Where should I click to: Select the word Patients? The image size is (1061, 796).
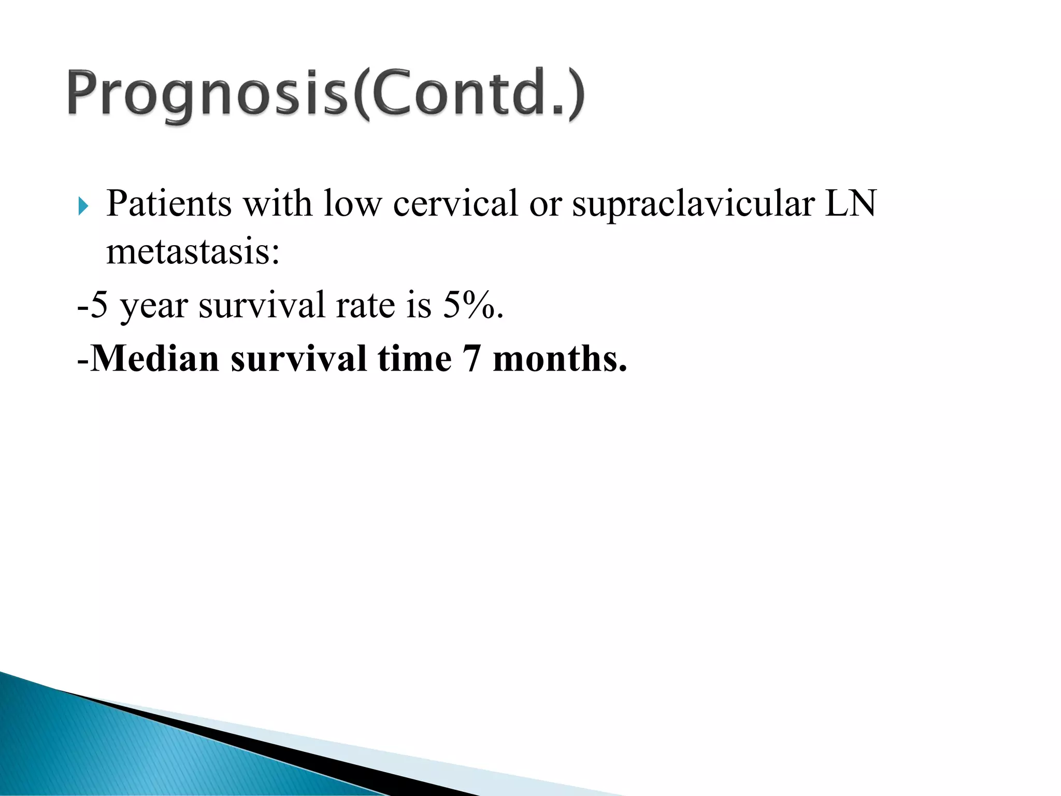(169, 203)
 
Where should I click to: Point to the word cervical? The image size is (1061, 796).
(455, 203)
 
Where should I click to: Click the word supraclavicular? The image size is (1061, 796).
(694, 203)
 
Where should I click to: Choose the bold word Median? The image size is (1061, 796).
(155, 359)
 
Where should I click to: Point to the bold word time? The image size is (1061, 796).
(414, 359)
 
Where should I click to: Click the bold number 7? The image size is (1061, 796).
(471, 359)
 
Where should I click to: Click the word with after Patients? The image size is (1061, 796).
(278, 203)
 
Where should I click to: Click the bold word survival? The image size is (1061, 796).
(298, 359)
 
